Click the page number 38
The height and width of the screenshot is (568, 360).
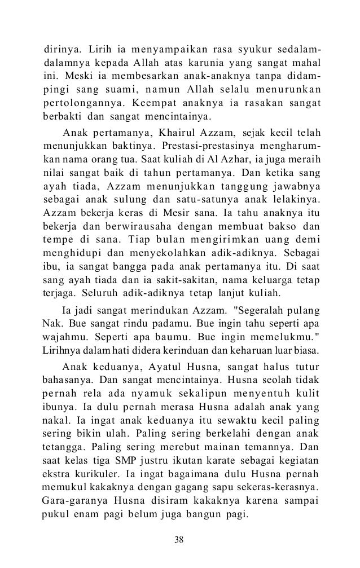pos(179,541)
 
